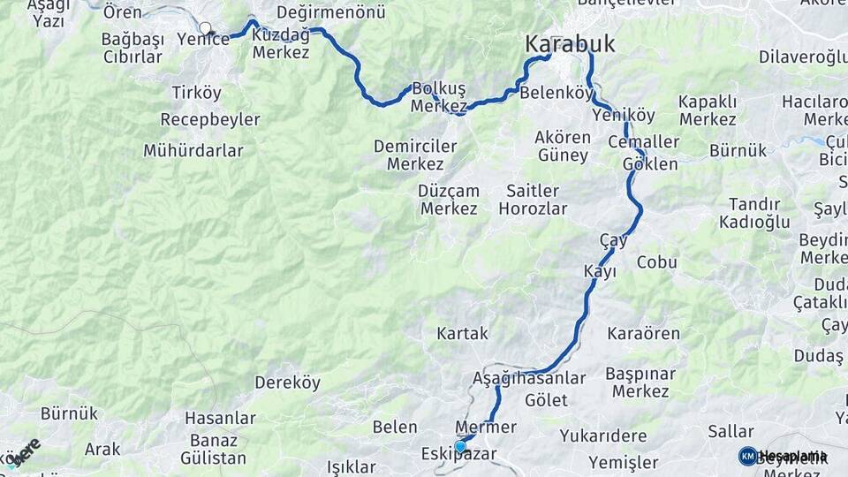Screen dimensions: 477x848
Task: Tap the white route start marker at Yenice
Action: pos(206,28)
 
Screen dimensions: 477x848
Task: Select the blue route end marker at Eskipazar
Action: pos(460,447)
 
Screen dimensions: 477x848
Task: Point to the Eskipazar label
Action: pos(459,455)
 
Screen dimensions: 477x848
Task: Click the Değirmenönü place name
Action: pos(331,12)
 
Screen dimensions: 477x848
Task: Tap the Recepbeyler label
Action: pos(210,119)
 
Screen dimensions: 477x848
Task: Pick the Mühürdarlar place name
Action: pos(193,150)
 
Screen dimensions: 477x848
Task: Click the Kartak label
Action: pos(462,333)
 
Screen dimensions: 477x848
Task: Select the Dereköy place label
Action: pos(285,382)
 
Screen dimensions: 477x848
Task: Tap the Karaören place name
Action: pos(644,333)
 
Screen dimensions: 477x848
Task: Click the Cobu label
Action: pos(656,262)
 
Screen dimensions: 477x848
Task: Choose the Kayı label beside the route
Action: pos(600,271)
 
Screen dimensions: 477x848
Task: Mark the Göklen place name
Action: pos(650,164)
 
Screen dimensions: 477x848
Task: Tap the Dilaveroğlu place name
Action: pos(803,58)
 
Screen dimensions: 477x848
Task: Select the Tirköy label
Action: pos(197,93)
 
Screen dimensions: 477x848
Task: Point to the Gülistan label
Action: pos(213,458)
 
